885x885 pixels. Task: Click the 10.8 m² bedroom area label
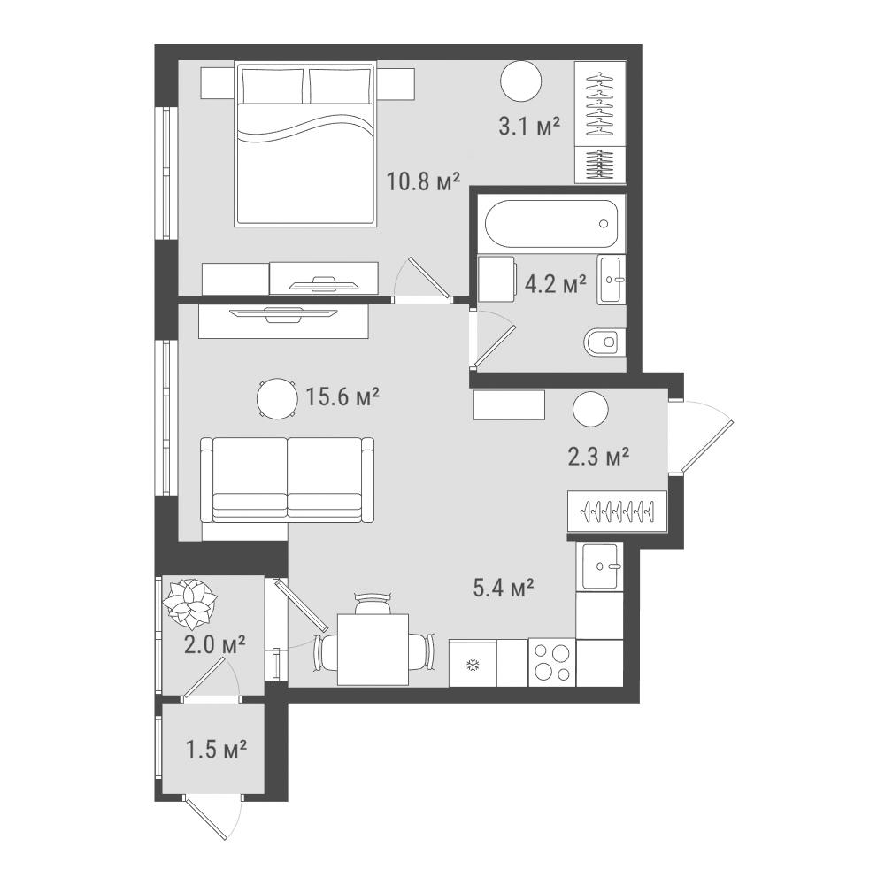[423, 181]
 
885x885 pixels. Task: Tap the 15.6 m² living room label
[342, 396]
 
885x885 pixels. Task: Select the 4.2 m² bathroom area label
[556, 283]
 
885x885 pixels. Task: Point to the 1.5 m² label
[216, 750]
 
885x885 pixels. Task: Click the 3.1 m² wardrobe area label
[529, 126]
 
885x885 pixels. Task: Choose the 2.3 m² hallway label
[598, 456]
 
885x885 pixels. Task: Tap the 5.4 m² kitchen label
[504, 589]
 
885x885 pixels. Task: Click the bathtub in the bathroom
[551, 224]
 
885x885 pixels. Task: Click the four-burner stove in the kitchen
[552, 663]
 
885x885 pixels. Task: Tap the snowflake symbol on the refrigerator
[472, 666]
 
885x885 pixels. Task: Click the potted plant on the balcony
[189, 604]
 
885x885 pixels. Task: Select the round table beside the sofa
[276, 398]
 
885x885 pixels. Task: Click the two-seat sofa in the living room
[288, 480]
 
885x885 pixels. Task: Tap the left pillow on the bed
[272, 86]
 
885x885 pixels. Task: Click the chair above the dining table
[373, 604]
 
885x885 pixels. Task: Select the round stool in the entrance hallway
[590, 410]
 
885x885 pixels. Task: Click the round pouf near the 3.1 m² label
[521, 81]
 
